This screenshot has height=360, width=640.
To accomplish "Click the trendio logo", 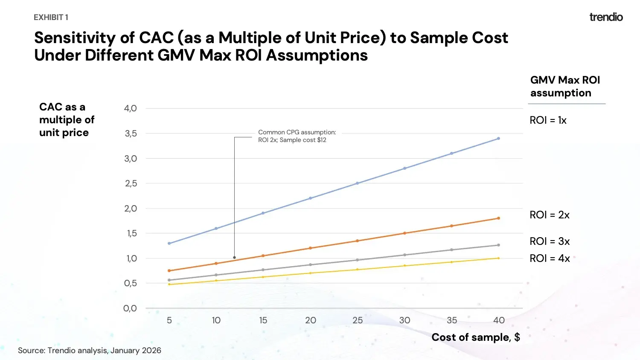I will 606,17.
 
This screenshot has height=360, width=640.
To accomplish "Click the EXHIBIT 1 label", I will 51,17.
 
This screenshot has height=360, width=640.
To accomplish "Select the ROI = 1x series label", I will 548,120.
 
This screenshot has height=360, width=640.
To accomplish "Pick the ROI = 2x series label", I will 550,215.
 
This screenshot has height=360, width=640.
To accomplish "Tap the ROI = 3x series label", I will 550,241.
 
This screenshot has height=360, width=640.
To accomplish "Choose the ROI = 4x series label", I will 550,258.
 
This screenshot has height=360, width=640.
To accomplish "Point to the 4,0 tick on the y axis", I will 131,108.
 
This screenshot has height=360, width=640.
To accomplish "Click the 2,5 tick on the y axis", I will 131,183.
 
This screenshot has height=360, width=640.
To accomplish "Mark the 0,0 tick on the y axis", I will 130,308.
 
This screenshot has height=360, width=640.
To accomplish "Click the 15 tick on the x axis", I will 263,320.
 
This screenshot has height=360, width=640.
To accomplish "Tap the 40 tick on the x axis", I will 499,320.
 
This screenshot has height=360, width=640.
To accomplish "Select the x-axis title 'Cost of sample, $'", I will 475,337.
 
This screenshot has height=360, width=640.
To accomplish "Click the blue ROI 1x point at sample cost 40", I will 498,139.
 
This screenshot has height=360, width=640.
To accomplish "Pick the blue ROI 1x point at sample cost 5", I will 169,244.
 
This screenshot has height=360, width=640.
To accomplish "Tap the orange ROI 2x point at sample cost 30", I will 404,233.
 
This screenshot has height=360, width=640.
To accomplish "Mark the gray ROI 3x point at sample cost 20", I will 311,265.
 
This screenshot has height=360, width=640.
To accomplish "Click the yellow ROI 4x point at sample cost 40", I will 498,258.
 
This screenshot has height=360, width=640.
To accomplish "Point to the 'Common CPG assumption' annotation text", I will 297,136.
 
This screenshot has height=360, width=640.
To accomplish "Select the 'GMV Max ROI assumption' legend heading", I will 565,87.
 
